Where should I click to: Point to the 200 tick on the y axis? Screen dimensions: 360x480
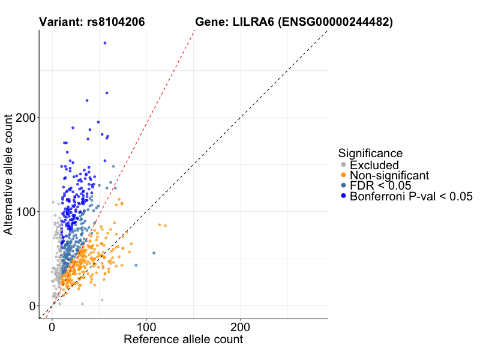(x=27, y=118)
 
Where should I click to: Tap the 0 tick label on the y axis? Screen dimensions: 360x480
(x=33, y=306)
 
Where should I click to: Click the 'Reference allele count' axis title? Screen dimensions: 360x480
(x=183, y=340)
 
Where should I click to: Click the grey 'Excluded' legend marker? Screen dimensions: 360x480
(x=343, y=165)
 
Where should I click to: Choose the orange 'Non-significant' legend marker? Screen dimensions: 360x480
(x=343, y=175)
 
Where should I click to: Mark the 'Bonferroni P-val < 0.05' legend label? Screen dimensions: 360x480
(x=412, y=196)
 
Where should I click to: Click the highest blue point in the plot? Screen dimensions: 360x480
(x=105, y=43)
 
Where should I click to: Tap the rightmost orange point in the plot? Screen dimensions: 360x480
(x=165, y=226)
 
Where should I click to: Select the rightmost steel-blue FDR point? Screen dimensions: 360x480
(x=154, y=253)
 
